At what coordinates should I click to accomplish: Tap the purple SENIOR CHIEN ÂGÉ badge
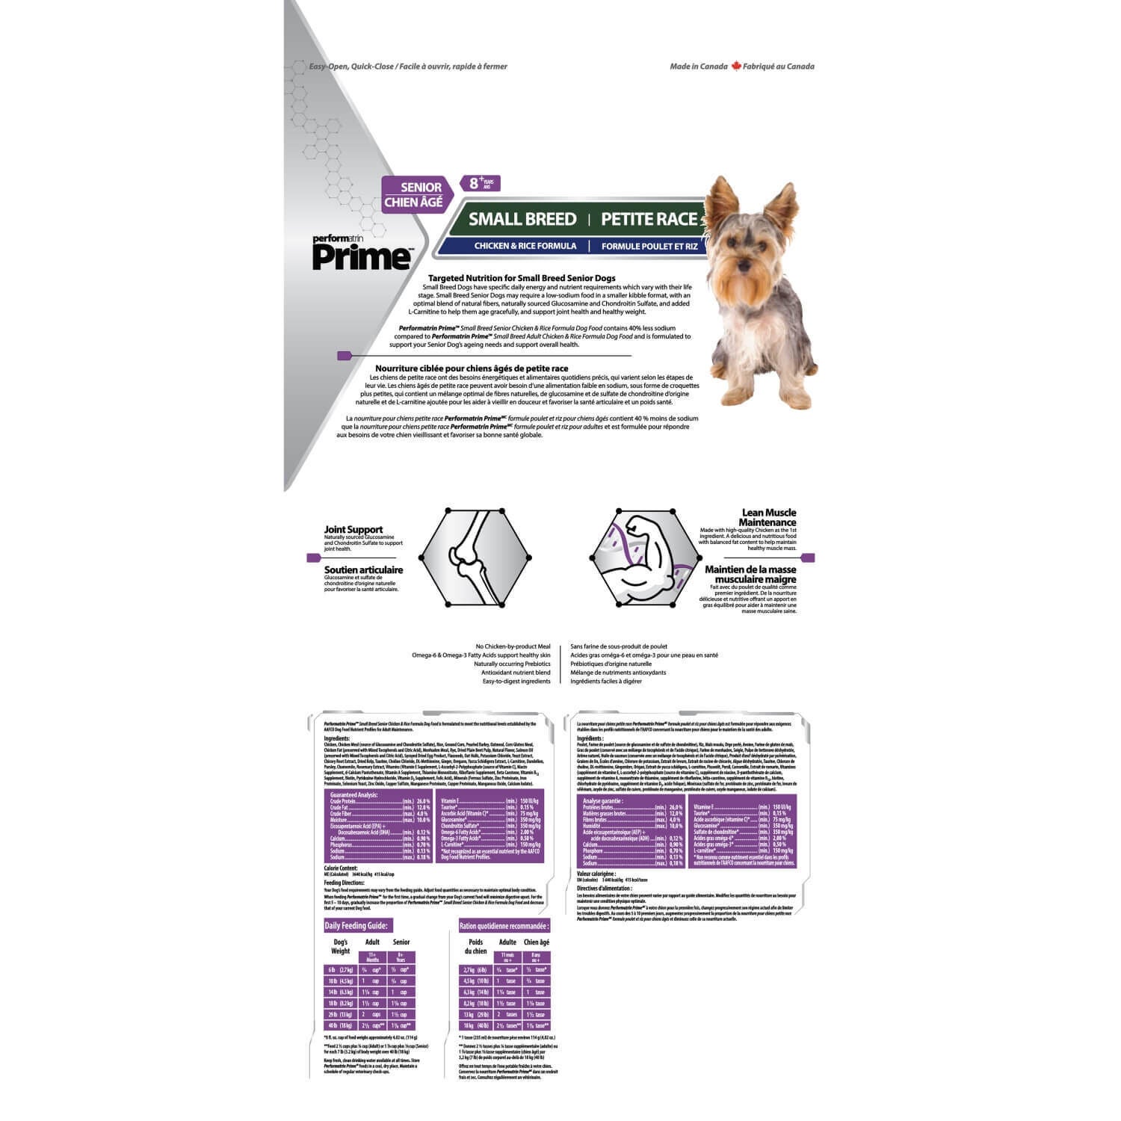pos(413,194)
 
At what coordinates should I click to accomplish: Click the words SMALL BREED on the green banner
pos(522,219)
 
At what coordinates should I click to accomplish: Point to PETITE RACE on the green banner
pos(649,219)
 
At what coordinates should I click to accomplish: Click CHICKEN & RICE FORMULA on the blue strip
pos(525,246)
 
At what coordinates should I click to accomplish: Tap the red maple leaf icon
pos(735,66)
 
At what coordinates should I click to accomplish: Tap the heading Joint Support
pos(353,529)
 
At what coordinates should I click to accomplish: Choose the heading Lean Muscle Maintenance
pos(768,517)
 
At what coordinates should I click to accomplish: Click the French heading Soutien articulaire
pos(363,569)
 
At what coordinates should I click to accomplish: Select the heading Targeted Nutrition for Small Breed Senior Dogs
pos(522,278)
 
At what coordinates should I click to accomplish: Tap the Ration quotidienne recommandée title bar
pos(504,925)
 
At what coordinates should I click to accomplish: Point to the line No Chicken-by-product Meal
pos(513,646)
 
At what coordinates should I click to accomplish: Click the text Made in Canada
pos(698,67)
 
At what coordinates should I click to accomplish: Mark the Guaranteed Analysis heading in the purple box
pos(354,794)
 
